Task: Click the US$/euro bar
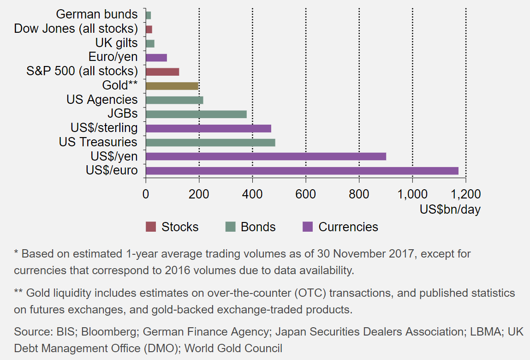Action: [302, 171]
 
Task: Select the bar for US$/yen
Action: [266, 156]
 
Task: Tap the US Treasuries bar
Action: [210, 143]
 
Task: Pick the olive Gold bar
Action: [172, 86]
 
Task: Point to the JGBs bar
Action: [196, 114]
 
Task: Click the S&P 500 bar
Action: [162, 72]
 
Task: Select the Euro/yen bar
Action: [156, 58]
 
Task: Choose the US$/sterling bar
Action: [208, 128]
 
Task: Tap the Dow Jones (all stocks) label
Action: [76, 29]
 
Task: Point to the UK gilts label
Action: [116, 43]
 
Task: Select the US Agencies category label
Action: [102, 100]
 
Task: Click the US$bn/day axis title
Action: [450, 210]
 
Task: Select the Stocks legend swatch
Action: [151, 227]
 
